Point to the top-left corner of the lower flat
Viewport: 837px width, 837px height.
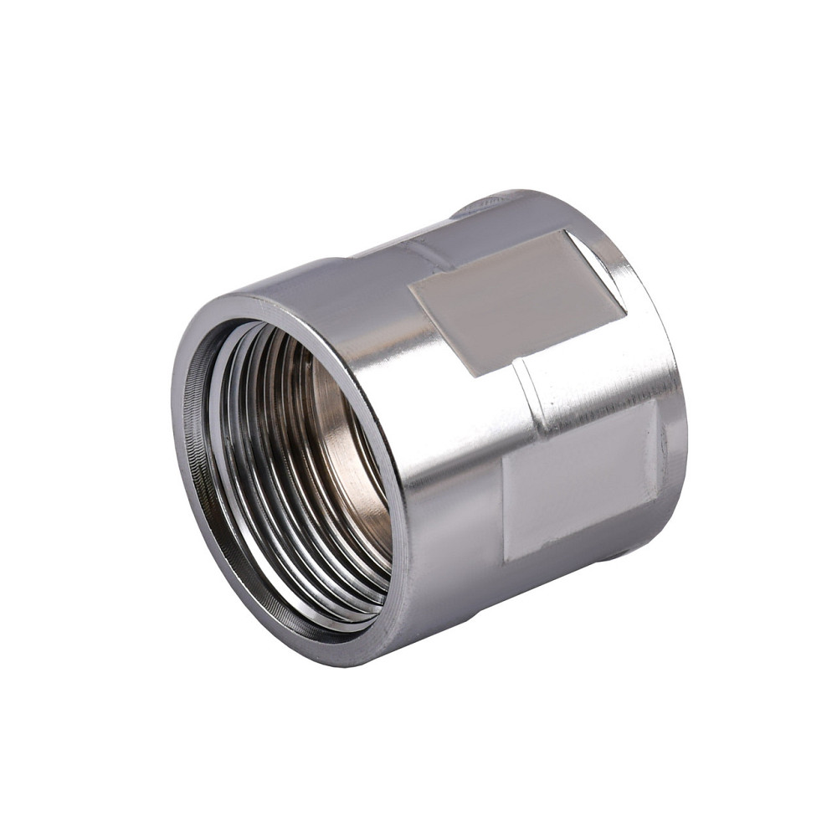(503, 456)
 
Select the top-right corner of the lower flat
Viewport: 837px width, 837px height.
(654, 402)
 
